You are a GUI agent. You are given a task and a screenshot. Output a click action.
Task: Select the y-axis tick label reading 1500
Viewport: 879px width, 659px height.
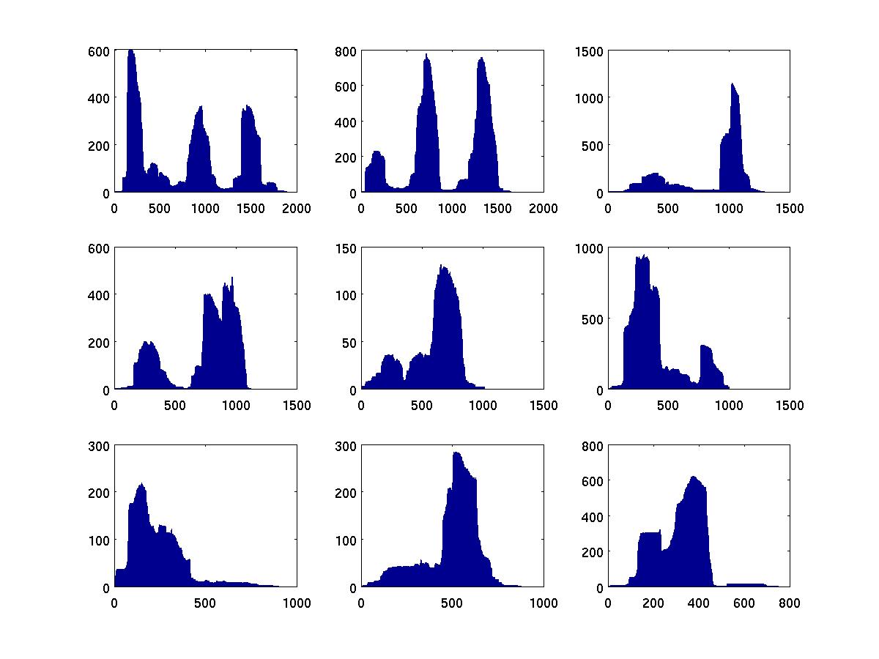point(591,51)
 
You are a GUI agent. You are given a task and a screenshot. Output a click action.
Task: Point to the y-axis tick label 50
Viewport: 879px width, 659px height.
point(350,342)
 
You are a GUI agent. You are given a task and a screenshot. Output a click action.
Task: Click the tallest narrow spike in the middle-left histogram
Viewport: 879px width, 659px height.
point(232,278)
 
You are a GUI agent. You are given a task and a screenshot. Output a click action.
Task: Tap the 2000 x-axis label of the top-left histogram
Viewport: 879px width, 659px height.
point(297,208)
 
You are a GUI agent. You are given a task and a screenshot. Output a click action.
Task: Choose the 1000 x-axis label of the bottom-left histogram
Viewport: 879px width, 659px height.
point(297,603)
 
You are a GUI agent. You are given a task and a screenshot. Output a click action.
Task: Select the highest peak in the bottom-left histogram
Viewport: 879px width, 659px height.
point(142,484)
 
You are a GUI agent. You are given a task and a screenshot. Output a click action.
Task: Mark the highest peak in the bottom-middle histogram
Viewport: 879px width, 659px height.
point(456,453)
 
